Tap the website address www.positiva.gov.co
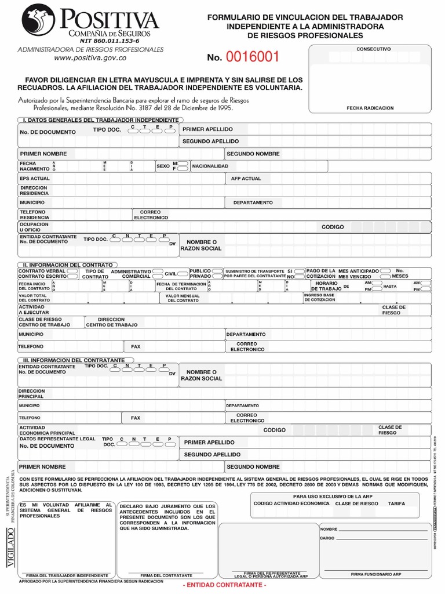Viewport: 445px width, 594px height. (x=90, y=58)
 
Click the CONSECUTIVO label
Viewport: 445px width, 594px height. (x=373, y=49)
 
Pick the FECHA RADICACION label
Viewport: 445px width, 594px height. (x=370, y=108)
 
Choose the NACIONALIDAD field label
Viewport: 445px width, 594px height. (x=210, y=166)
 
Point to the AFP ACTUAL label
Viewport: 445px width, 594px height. (x=246, y=179)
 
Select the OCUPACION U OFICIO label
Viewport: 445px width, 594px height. (x=34, y=227)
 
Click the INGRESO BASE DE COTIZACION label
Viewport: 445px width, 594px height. (x=319, y=298)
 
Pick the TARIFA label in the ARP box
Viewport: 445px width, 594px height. (x=397, y=504)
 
